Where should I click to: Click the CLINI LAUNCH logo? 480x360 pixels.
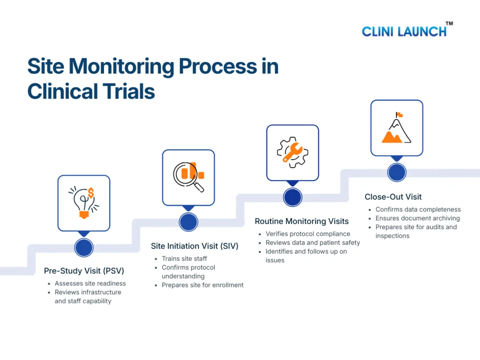pyautogui.click(x=404, y=31)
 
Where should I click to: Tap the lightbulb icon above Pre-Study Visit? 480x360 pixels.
pyautogui.click(x=84, y=202)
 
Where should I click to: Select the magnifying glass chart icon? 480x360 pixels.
pyautogui.click(x=188, y=177)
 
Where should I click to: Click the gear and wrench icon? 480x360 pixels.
pyautogui.click(x=292, y=152)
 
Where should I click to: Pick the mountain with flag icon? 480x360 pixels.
pyautogui.click(x=397, y=127)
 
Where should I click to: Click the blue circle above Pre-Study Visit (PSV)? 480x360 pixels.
pyautogui.click(x=84, y=247)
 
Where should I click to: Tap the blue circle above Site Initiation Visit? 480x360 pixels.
pyautogui.click(x=188, y=222)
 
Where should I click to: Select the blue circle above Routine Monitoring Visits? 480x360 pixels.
pyautogui.click(x=292, y=197)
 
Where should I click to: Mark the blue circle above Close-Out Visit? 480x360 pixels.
pyautogui.click(x=397, y=172)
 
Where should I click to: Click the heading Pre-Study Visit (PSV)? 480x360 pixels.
pyautogui.click(x=84, y=270)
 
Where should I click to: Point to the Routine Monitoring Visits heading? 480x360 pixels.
pyautogui.click(x=301, y=221)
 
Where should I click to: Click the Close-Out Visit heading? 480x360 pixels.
pyautogui.click(x=393, y=197)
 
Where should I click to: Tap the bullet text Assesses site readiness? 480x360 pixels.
pyautogui.click(x=90, y=283)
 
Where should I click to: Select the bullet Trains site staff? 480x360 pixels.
pyautogui.click(x=184, y=258)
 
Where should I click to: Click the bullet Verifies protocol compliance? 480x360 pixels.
pyautogui.click(x=307, y=233)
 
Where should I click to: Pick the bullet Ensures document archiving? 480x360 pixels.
pyautogui.click(x=417, y=218)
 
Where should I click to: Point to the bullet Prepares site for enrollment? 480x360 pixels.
pyautogui.click(x=202, y=285)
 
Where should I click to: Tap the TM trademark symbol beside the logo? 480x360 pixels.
pyautogui.click(x=449, y=23)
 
